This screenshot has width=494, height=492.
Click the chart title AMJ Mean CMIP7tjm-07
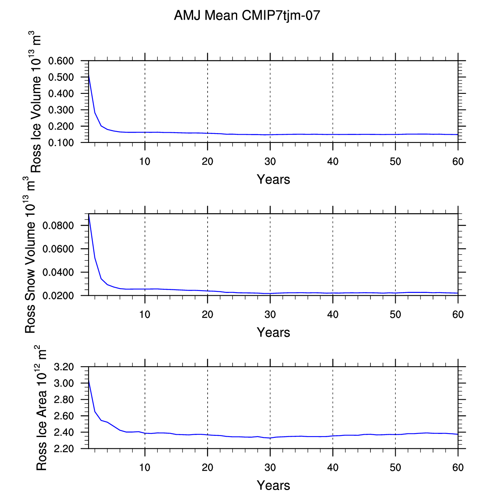click(247, 15)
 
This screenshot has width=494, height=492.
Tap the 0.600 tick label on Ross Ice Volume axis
click(61, 61)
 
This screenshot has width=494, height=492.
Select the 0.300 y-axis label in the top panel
click(61, 110)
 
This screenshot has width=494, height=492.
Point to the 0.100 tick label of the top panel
click(61, 143)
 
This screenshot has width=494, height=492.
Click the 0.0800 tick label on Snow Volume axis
click(58, 225)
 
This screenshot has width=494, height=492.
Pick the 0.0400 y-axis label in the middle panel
click(58, 272)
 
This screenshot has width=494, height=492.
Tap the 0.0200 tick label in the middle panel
click(58, 296)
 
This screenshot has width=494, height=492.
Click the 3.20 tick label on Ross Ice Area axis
click(64, 367)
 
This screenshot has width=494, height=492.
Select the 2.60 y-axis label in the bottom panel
click(64, 416)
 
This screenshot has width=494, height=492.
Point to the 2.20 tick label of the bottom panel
click(64, 449)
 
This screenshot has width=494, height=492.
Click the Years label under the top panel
click(273, 179)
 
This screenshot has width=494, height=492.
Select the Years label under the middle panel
click(273, 332)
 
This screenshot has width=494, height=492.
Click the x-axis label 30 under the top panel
click(270, 161)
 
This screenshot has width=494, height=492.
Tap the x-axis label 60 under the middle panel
click(458, 315)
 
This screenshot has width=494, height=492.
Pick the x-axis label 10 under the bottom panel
click(145, 467)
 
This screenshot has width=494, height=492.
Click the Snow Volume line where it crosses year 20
click(207, 291)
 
